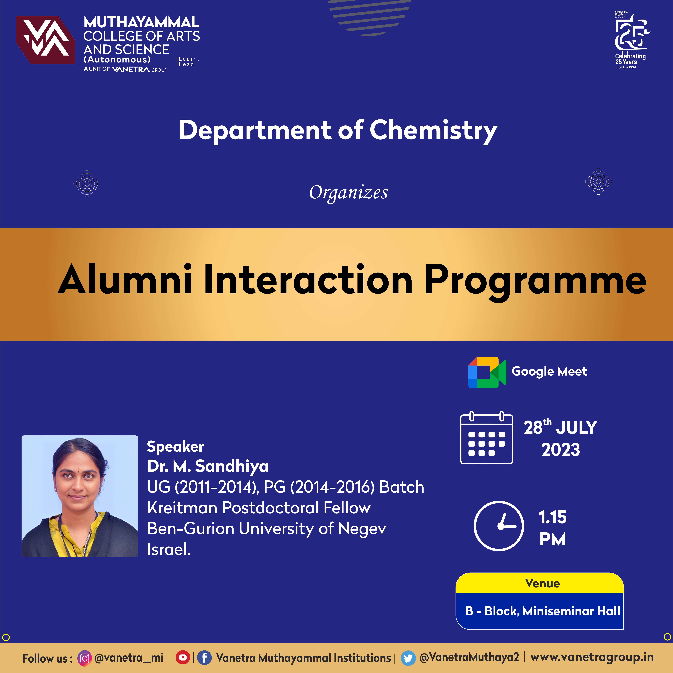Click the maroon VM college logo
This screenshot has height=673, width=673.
[x=45, y=40]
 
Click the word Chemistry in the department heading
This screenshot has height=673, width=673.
[x=433, y=131]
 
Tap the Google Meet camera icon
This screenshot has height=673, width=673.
[x=487, y=372]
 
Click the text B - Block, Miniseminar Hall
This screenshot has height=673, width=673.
[x=542, y=611]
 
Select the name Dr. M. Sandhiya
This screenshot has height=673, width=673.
[x=208, y=466]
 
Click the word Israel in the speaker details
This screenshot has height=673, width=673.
[x=169, y=549]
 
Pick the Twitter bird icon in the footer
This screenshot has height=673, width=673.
[x=408, y=658]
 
